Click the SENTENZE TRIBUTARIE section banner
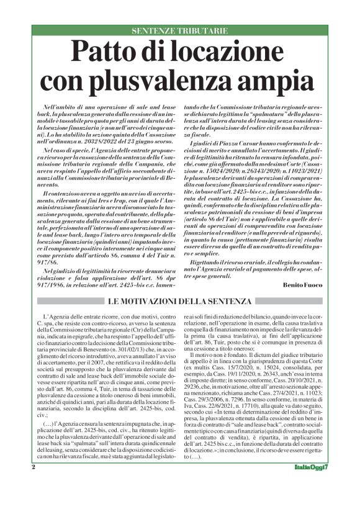click(x=179, y=30)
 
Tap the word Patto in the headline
click(x=105, y=51)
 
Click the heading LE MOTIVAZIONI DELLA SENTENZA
click(x=179, y=302)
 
